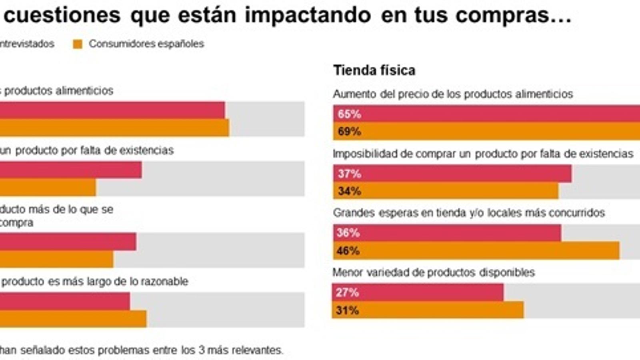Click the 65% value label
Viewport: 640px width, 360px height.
pos(349,114)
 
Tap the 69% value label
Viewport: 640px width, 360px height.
pos(349,131)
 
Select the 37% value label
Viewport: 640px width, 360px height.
pos(349,174)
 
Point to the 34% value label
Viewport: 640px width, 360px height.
pos(349,191)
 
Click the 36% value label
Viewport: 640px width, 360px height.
pos(348,233)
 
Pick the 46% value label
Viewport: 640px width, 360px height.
pos(348,251)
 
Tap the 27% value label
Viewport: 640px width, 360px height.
pos(347,292)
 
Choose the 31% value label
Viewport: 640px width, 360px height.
pos(347,310)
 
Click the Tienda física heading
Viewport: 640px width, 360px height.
pos(374,70)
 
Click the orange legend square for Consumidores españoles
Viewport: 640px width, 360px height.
pos(78,44)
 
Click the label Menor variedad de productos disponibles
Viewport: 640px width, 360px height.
pos(434,272)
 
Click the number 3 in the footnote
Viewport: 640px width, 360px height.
pos(202,350)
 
